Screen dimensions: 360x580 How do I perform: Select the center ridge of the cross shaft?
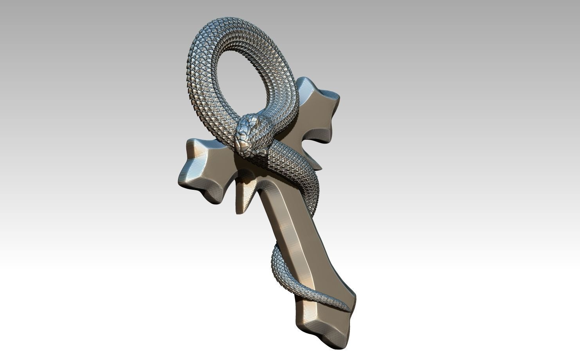[x=297, y=235]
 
